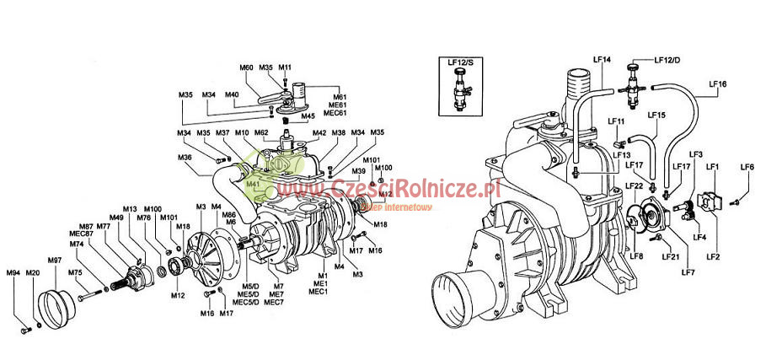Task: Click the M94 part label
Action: pyautogui.click(x=13, y=272)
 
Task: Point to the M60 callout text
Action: pyautogui.click(x=246, y=67)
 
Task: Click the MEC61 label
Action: pyautogui.click(x=335, y=113)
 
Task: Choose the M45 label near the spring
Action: pyautogui.click(x=308, y=117)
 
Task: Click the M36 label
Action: pyautogui.click(x=185, y=157)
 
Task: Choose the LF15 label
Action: pyautogui.click(x=656, y=115)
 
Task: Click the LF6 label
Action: pyautogui.click(x=746, y=167)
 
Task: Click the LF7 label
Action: pyautogui.click(x=688, y=272)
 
